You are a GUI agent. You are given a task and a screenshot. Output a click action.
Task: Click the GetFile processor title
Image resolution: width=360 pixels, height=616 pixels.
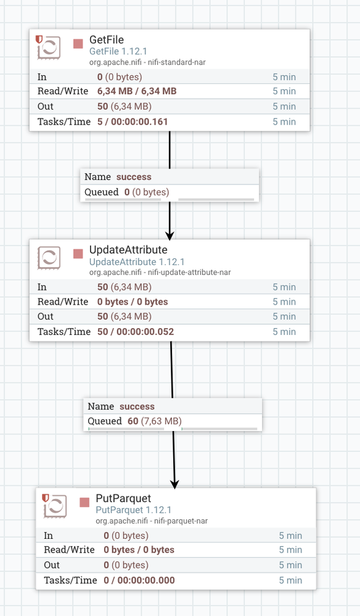107,39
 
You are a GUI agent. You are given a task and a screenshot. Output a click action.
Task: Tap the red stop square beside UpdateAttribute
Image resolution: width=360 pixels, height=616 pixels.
78,254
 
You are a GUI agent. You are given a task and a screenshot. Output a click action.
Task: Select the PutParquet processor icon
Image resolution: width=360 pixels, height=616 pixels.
55,506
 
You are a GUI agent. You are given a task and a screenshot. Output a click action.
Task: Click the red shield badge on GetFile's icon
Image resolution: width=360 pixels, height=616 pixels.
39,39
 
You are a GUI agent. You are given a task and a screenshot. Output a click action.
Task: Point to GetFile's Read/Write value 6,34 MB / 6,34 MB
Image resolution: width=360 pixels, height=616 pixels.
137,91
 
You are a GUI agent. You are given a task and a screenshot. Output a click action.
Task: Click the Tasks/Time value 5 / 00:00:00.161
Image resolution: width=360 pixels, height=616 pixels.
133,122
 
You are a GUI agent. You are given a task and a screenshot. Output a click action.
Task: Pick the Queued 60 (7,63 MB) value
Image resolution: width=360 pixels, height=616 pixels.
154,421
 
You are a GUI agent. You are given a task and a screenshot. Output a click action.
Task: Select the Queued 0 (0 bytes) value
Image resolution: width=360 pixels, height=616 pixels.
147,192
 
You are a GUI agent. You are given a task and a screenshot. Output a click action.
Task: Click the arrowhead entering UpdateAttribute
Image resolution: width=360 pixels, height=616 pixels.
170,236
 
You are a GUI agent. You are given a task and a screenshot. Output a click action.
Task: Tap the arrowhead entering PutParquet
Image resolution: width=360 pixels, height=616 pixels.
174,484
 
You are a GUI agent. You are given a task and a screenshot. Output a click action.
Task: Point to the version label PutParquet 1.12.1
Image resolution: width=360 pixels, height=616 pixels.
134,510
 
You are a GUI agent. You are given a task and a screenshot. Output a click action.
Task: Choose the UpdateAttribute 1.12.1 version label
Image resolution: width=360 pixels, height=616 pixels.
137,262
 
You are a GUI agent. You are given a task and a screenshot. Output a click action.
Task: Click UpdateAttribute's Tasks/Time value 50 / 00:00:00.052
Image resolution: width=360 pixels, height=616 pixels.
136,332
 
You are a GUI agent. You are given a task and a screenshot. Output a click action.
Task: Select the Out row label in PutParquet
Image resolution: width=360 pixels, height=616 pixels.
52,565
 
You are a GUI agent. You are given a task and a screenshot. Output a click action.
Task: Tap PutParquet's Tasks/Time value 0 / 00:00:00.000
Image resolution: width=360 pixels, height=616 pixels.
139,580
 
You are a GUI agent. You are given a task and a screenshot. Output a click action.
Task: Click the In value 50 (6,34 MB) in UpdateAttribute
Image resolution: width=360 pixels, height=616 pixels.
125,287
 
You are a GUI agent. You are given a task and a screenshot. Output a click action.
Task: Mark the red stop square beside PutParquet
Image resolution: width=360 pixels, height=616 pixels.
84,503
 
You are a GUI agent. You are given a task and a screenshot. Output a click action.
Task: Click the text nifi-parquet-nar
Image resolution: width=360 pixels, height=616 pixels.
181,521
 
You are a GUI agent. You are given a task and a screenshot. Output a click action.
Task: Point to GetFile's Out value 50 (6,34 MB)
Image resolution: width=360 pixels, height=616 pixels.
125,107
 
